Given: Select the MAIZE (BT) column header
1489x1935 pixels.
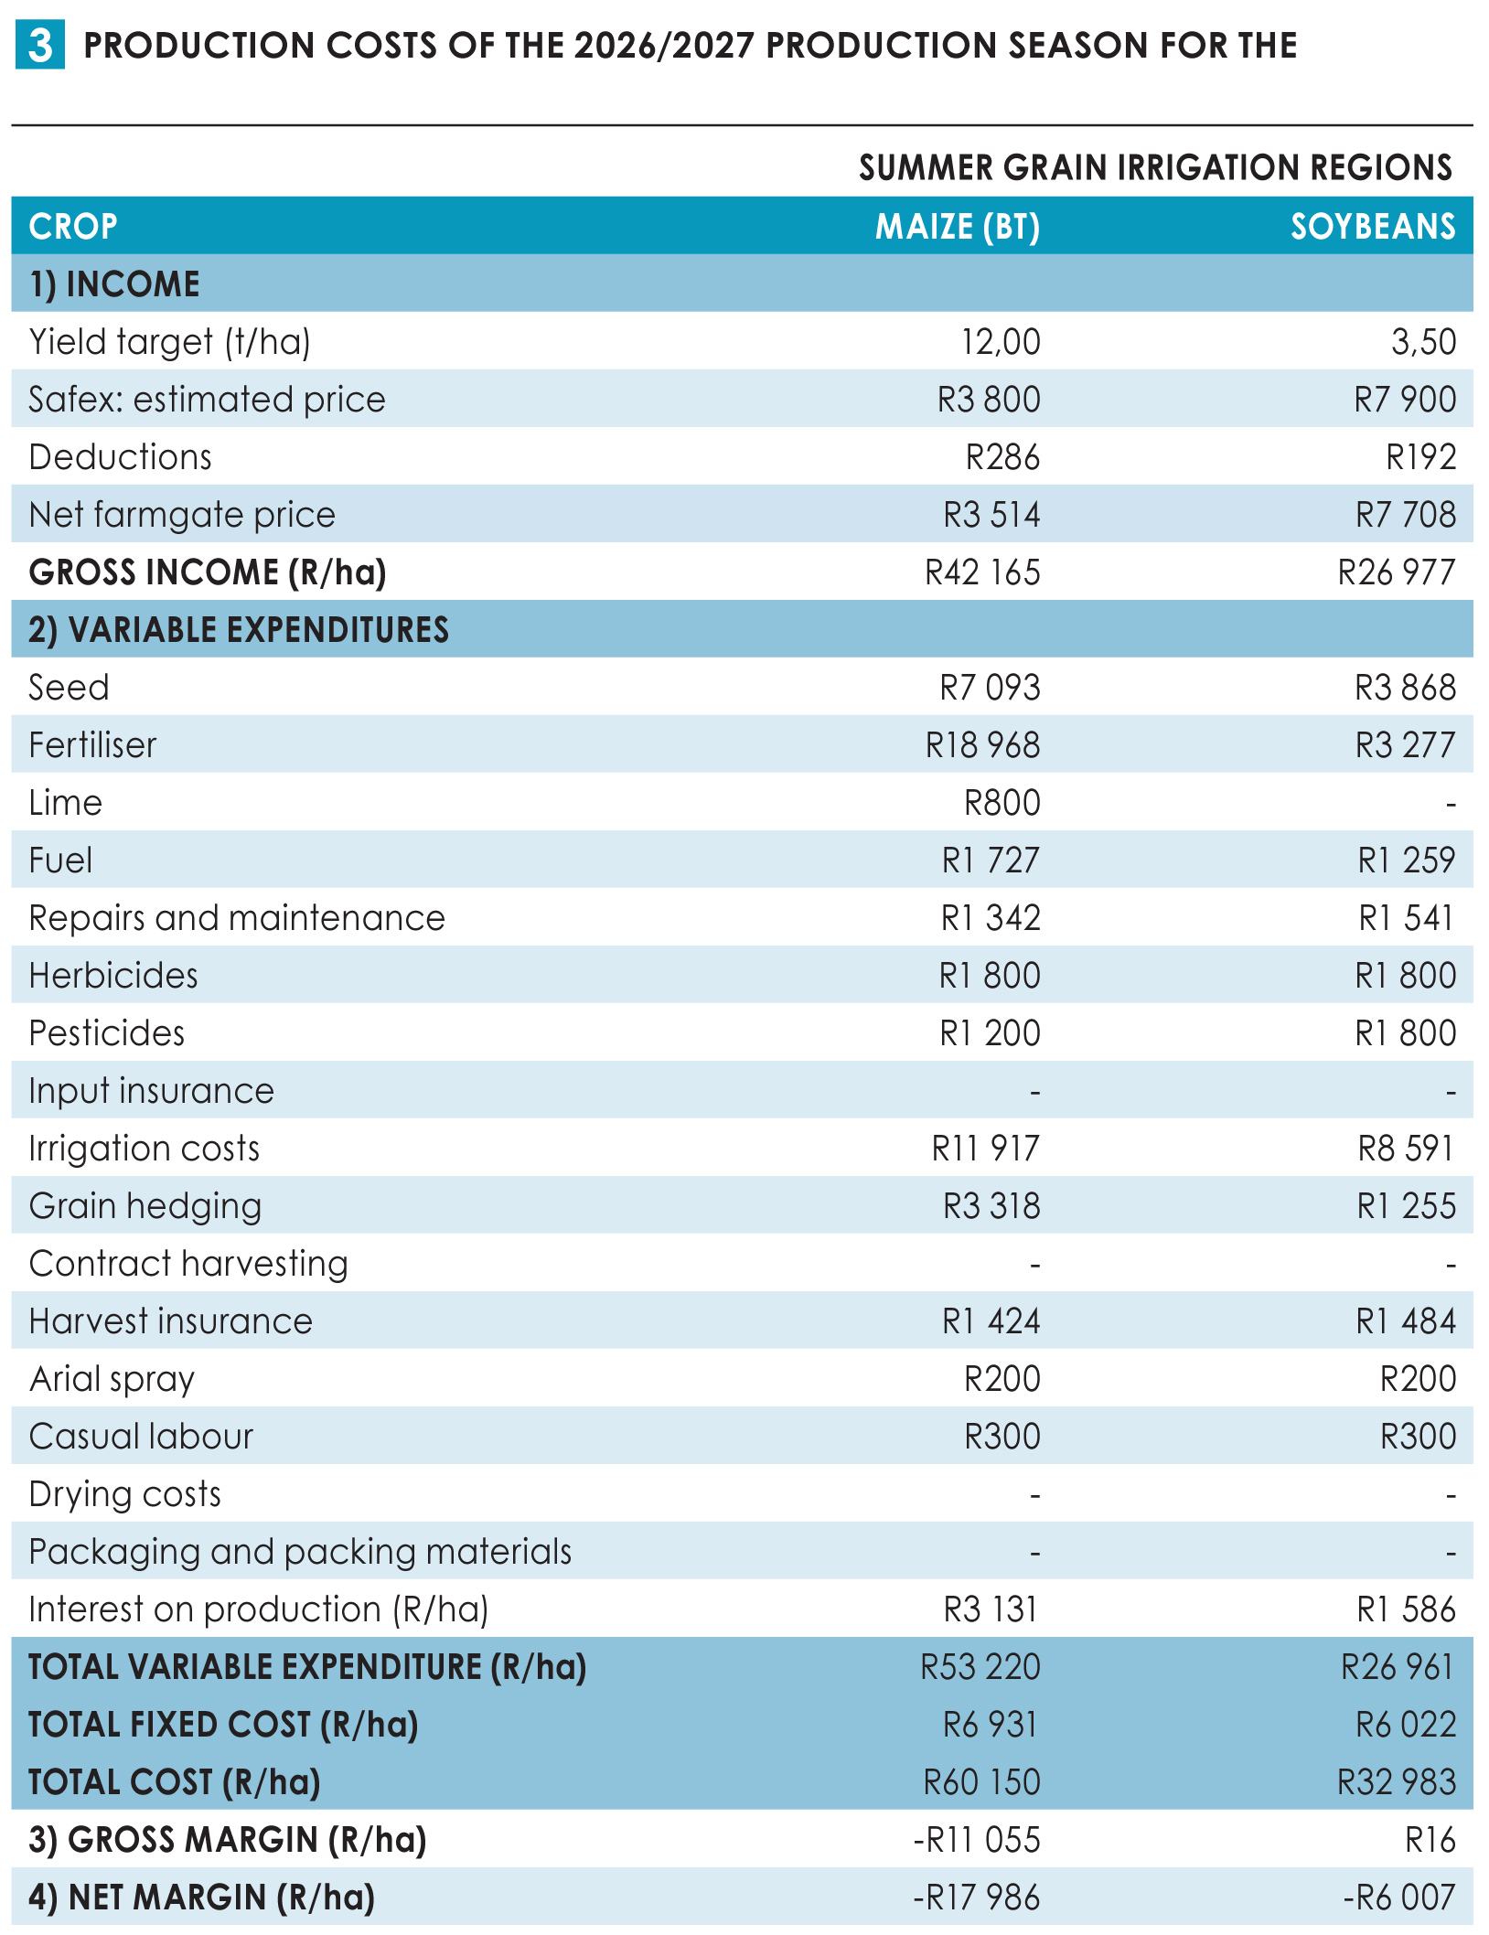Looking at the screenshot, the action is point(958,227).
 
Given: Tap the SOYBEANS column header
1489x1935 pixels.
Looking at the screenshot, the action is point(1373,227).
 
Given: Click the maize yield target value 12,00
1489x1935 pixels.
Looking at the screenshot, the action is point(1001,342).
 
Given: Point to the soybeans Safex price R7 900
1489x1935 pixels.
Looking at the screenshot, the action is point(1405,400).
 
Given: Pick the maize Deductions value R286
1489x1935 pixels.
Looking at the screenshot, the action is point(1002,457).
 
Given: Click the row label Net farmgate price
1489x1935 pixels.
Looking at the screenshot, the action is point(182,515).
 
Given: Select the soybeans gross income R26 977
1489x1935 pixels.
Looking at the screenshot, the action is point(1397,572).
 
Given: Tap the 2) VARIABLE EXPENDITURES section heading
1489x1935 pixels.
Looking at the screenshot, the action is point(239,630).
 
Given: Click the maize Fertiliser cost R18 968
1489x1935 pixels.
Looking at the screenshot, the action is point(982,745).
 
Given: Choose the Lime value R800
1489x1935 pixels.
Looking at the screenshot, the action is point(1002,803).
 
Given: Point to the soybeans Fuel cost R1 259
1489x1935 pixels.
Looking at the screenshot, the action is point(1406,861).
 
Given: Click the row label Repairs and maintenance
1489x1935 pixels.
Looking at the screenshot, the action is point(237,918).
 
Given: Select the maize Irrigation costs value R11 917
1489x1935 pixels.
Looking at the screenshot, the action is point(986,1149).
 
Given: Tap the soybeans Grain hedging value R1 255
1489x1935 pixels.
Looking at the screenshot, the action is point(1406,1206).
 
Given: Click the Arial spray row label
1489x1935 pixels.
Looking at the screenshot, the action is point(112,1379).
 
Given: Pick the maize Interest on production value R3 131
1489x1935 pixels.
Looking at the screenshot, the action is point(991,1609).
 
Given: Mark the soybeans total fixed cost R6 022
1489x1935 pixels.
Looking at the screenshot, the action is point(1406,1725).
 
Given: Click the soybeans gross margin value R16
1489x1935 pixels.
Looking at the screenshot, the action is point(1430,1840).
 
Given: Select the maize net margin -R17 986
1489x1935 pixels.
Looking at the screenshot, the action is point(977,1898).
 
